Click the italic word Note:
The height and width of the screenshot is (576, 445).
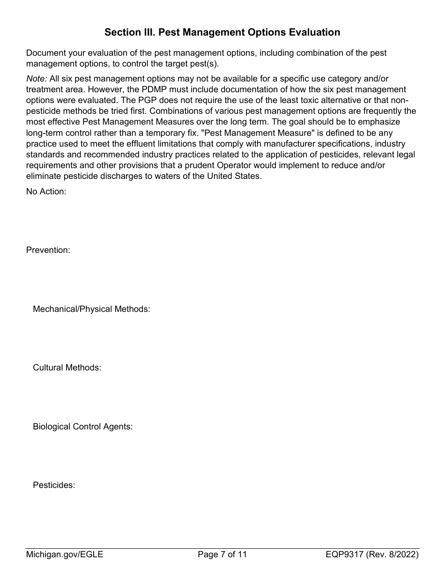(x=36, y=79)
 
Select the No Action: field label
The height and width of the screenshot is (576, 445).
(x=46, y=191)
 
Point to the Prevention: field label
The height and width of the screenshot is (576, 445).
(x=48, y=250)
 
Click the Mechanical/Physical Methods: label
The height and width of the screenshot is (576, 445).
(x=91, y=309)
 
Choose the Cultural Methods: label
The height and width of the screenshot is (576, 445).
(x=67, y=368)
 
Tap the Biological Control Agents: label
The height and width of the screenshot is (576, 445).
(x=83, y=427)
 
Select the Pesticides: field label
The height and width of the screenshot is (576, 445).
(x=54, y=485)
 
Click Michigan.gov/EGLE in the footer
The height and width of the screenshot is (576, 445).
(x=65, y=555)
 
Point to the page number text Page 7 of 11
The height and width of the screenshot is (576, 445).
(x=222, y=555)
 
